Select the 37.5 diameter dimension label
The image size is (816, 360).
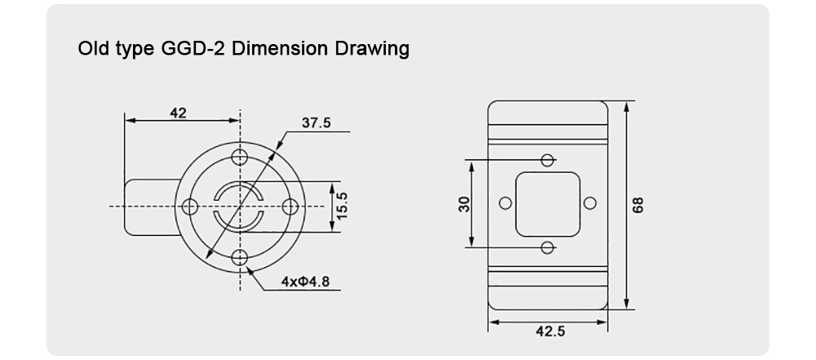pyautogui.click(x=316, y=123)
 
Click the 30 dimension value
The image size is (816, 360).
pyautogui.click(x=463, y=203)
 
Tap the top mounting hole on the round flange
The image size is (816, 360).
pyautogui.click(x=239, y=157)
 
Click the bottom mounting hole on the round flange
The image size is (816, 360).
pyautogui.click(x=239, y=257)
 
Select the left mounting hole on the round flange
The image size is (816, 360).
pyautogui.click(x=189, y=207)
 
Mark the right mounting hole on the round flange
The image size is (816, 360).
pyautogui.click(x=289, y=207)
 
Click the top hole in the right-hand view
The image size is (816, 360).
pyautogui.click(x=548, y=159)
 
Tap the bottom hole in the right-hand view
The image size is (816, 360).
pyautogui.click(x=548, y=247)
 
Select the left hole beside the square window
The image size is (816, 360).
pyautogui.click(x=506, y=202)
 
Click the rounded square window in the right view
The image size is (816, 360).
pyautogui.click(x=548, y=202)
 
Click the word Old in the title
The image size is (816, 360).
pyautogui.click(x=92, y=49)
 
